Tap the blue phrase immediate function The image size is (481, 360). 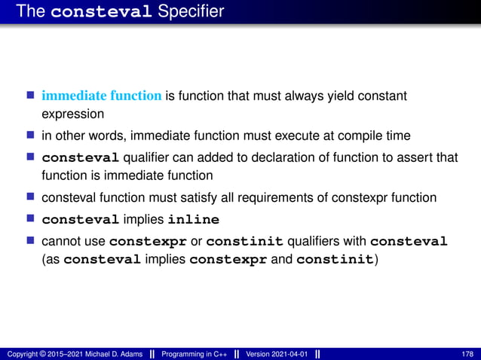[x=101, y=96]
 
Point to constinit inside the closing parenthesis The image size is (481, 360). [x=334, y=261]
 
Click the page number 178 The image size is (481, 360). [x=467, y=354]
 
